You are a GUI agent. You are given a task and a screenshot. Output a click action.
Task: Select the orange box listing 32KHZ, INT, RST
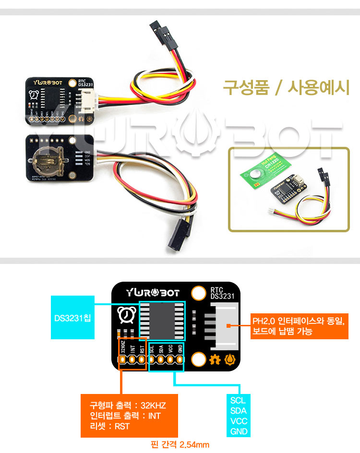129,416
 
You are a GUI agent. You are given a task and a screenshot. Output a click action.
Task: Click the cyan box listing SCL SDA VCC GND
239,416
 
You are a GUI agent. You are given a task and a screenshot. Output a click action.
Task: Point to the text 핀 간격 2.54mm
180,445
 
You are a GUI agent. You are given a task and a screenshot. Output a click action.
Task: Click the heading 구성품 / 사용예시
286,88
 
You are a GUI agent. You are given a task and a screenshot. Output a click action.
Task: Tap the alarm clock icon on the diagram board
126,315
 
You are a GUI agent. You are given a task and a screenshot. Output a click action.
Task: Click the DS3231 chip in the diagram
162,320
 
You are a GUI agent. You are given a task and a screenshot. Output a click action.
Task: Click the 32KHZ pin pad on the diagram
123,359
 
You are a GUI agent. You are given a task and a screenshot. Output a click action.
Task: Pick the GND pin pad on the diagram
180,359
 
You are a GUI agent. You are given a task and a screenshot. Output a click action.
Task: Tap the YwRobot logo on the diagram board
153,293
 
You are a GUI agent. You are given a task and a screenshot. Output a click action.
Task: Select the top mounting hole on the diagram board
197,293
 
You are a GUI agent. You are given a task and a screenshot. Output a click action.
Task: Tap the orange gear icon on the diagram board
216,358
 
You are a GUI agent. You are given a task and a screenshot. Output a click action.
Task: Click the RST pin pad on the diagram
142,359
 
